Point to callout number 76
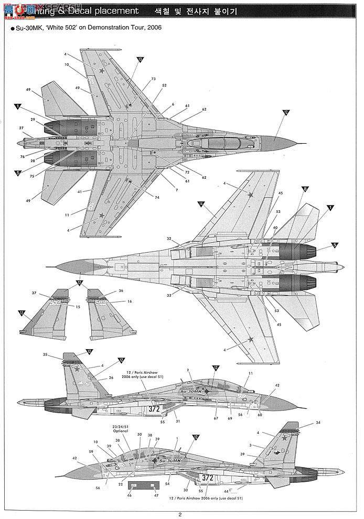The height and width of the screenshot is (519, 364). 23,156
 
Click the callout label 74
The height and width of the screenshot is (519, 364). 156,197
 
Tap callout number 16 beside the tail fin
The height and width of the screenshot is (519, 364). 130,301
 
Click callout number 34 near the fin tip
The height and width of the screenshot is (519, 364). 318,422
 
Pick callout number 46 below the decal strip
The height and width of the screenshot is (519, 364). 129,495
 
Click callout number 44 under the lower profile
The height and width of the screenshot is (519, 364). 226,491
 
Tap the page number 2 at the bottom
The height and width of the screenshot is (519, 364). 180,514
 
